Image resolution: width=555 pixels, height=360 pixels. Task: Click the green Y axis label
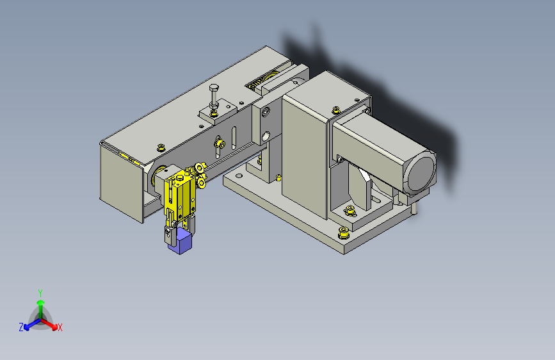coord(40,293)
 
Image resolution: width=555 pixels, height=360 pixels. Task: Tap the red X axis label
coord(60,328)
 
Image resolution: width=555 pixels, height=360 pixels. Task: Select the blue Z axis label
coord(21,327)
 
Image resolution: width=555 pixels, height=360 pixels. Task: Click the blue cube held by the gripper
coord(180,241)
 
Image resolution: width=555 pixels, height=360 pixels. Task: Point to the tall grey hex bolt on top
coord(214,95)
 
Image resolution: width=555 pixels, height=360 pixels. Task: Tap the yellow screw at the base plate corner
coord(343,233)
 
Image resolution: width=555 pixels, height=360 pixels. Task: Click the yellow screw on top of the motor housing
coord(335,110)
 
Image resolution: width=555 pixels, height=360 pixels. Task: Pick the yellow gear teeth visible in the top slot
coord(262,80)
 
